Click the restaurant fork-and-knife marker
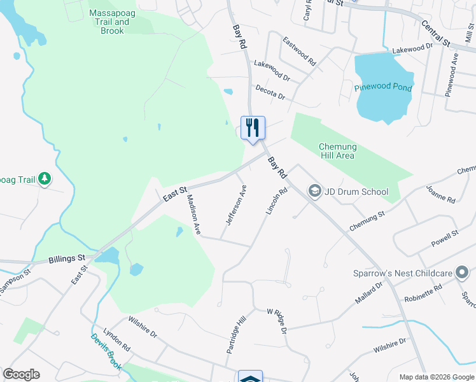tap(253, 128)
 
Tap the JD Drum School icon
tap(314, 190)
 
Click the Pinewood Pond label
tap(383, 87)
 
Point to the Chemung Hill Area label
tap(337, 151)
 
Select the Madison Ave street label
tap(193, 215)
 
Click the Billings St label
tap(67, 259)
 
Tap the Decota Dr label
tap(270, 94)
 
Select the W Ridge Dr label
tap(277, 321)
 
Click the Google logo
tap(21, 374)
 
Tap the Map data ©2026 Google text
tap(436, 377)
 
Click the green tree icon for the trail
tap(45, 180)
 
